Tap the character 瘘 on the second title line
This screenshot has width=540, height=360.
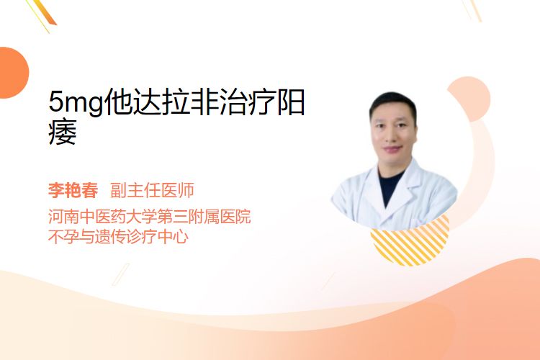(x=63, y=132)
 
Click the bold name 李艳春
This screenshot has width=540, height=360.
(x=73, y=190)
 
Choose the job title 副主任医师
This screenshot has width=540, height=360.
(x=152, y=190)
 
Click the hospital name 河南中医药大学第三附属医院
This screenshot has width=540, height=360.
(x=150, y=217)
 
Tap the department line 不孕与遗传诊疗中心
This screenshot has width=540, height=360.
(x=119, y=237)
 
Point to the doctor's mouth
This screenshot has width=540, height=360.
(x=392, y=149)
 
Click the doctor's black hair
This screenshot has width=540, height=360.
(x=393, y=104)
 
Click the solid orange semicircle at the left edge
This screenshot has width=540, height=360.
(x=13, y=73)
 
